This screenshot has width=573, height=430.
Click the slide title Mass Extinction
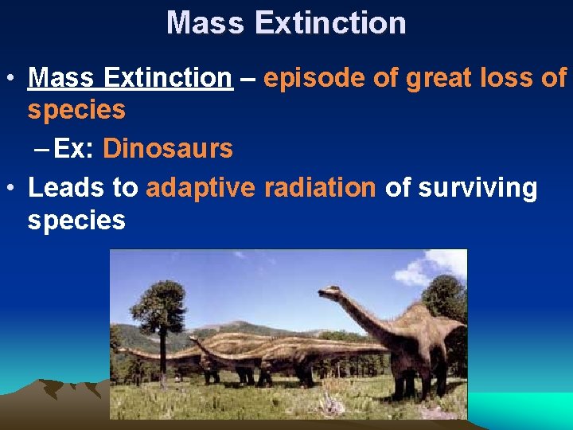286,22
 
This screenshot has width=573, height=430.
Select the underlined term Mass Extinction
130,78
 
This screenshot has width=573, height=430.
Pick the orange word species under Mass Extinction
76,110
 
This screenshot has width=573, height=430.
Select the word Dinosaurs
168,148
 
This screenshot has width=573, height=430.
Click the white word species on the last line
76,220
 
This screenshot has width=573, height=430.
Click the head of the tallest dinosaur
329,292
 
